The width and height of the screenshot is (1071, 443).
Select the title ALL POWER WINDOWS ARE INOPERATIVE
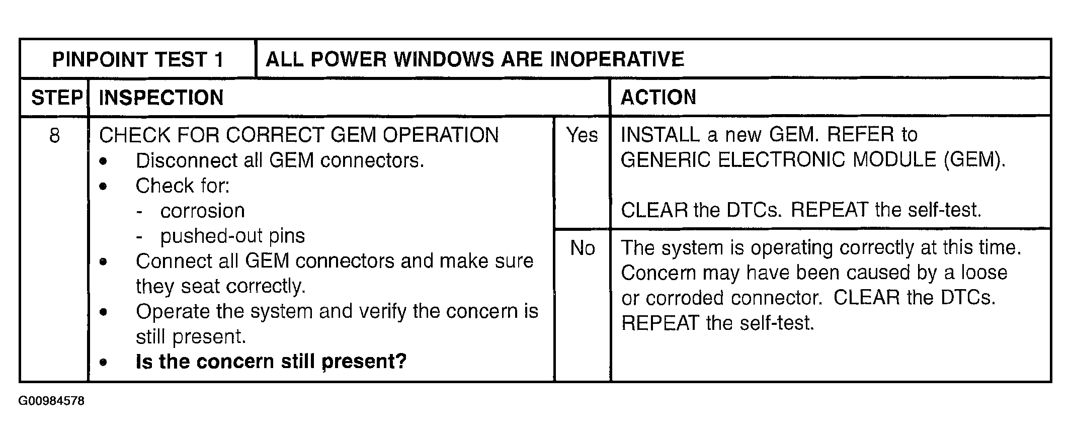point(474,59)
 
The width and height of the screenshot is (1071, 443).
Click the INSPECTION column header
point(161,98)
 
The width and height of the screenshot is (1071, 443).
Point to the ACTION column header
point(658,97)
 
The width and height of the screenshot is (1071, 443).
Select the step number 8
point(54,135)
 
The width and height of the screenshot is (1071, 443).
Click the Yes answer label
point(582,135)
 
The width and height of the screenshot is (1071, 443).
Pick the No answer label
point(583,248)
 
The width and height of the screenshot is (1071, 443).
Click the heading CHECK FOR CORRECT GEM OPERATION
point(299,135)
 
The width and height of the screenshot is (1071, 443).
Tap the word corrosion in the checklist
point(202,211)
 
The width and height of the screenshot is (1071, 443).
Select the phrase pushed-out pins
point(232,236)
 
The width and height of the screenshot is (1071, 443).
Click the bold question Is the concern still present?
point(271,362)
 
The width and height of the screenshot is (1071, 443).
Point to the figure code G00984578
point(51,401)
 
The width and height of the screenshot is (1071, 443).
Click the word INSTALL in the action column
point(660,135)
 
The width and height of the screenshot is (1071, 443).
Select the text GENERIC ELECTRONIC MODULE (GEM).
point(813,160)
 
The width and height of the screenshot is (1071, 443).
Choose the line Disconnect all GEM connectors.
point(280,160)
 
